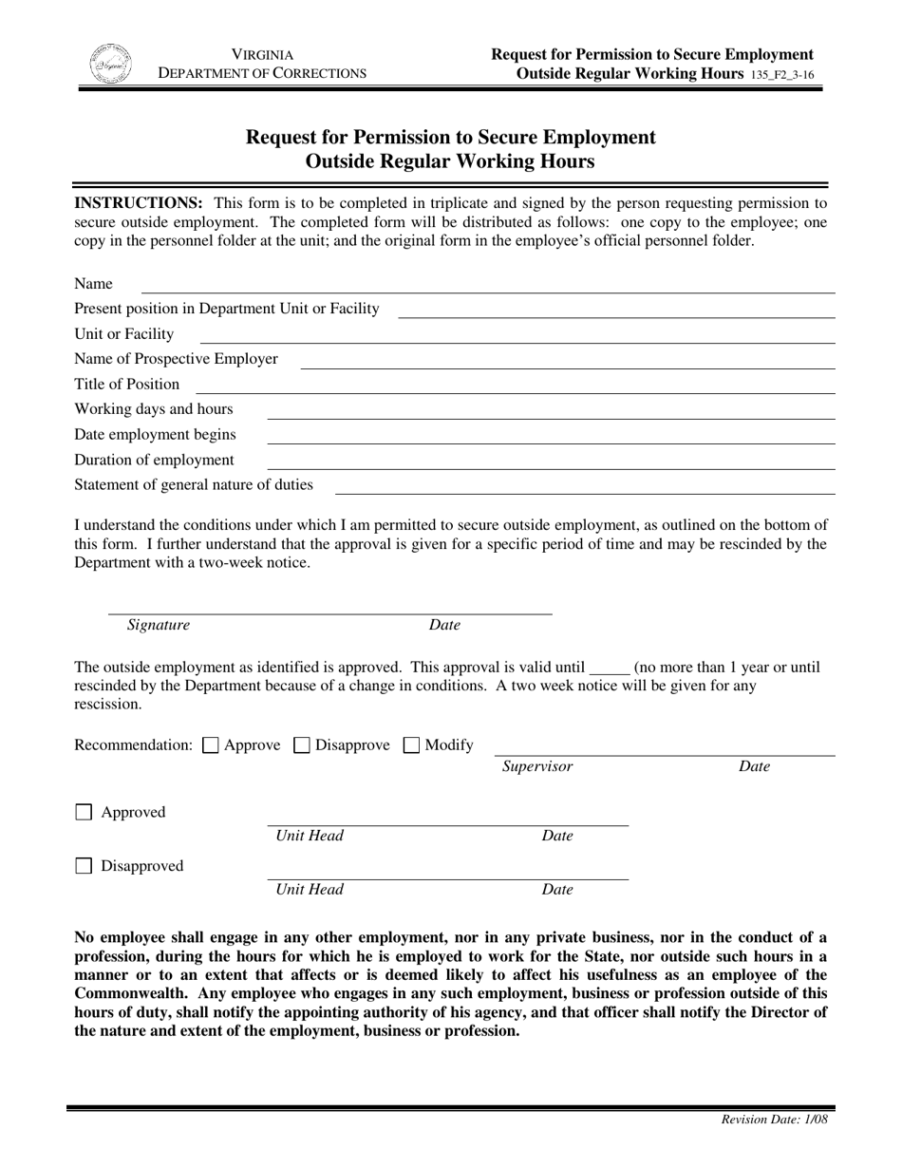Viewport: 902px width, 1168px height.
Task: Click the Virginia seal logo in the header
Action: (109, 64)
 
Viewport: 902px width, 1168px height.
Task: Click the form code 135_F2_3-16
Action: (780, 74)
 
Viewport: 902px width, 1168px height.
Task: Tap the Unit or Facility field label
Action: (124, 334)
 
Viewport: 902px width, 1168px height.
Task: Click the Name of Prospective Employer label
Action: (177, 359)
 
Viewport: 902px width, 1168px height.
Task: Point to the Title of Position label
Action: (127, 385)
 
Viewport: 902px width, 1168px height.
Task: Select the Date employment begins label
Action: (156, 435)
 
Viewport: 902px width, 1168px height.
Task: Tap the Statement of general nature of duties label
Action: (194, 485)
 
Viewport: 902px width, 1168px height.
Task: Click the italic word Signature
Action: (159, 625)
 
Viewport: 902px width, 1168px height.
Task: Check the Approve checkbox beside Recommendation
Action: (211, 746)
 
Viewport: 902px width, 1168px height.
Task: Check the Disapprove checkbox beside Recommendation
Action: (302, 746)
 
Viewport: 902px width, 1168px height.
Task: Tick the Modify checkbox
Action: (412, 746)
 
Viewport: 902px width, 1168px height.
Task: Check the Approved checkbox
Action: (84, 813)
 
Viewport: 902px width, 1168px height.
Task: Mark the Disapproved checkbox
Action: (84, 866)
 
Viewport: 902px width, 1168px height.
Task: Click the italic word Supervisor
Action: (537, 766)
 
